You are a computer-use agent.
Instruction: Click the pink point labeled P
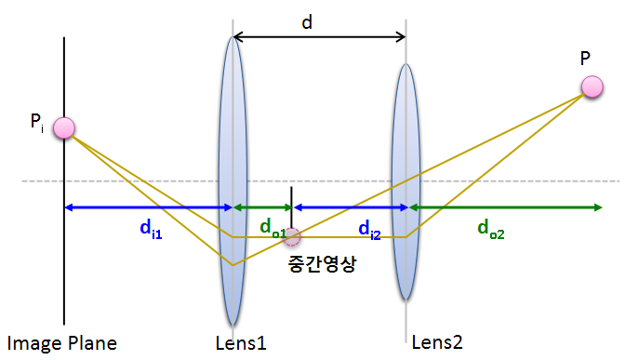click(x=592, y=87)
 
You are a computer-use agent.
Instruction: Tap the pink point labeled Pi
click(x=63, y=128)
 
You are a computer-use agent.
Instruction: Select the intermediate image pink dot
click(x=292, y=236)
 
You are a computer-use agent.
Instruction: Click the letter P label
click(x=585, y=59)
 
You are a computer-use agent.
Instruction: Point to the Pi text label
click(x=37, y=121)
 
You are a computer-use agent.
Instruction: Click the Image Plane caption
click(x=62, y=343)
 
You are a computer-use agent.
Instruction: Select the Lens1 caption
click(x=240, y=343)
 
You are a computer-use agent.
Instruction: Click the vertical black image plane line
click(x=64, y=279)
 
